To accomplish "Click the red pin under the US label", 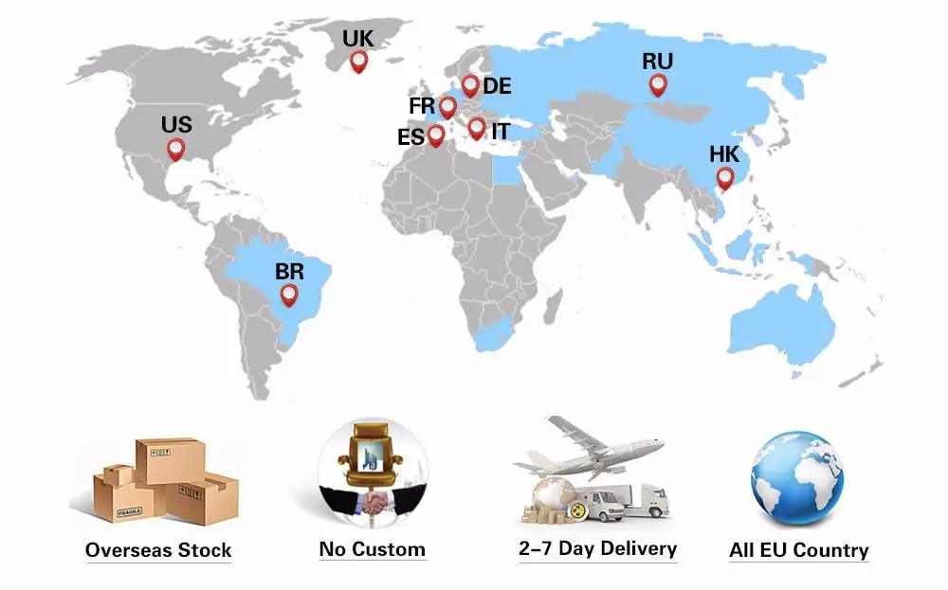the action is (176, 149).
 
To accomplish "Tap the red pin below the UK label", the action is (358, 62).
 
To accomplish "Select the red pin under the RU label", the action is (658, 85).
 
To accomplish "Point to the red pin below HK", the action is (725, 178).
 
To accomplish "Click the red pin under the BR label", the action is (289, 295).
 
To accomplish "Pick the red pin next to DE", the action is (470, 86).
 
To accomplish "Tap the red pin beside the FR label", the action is (447, 108).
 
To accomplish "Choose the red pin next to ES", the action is (436, 135).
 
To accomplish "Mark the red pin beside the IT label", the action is (477, 128).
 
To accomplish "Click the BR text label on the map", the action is (289, 272).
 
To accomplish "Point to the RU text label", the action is (657, 62).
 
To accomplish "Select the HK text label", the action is (724, 154).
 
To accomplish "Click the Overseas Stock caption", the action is (158, 550).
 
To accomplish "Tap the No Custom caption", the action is (373, 549).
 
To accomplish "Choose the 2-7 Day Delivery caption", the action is (598, 548).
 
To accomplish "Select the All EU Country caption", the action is (798, 550).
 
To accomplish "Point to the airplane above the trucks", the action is (590, 447).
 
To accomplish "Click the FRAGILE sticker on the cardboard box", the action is (130, 512).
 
